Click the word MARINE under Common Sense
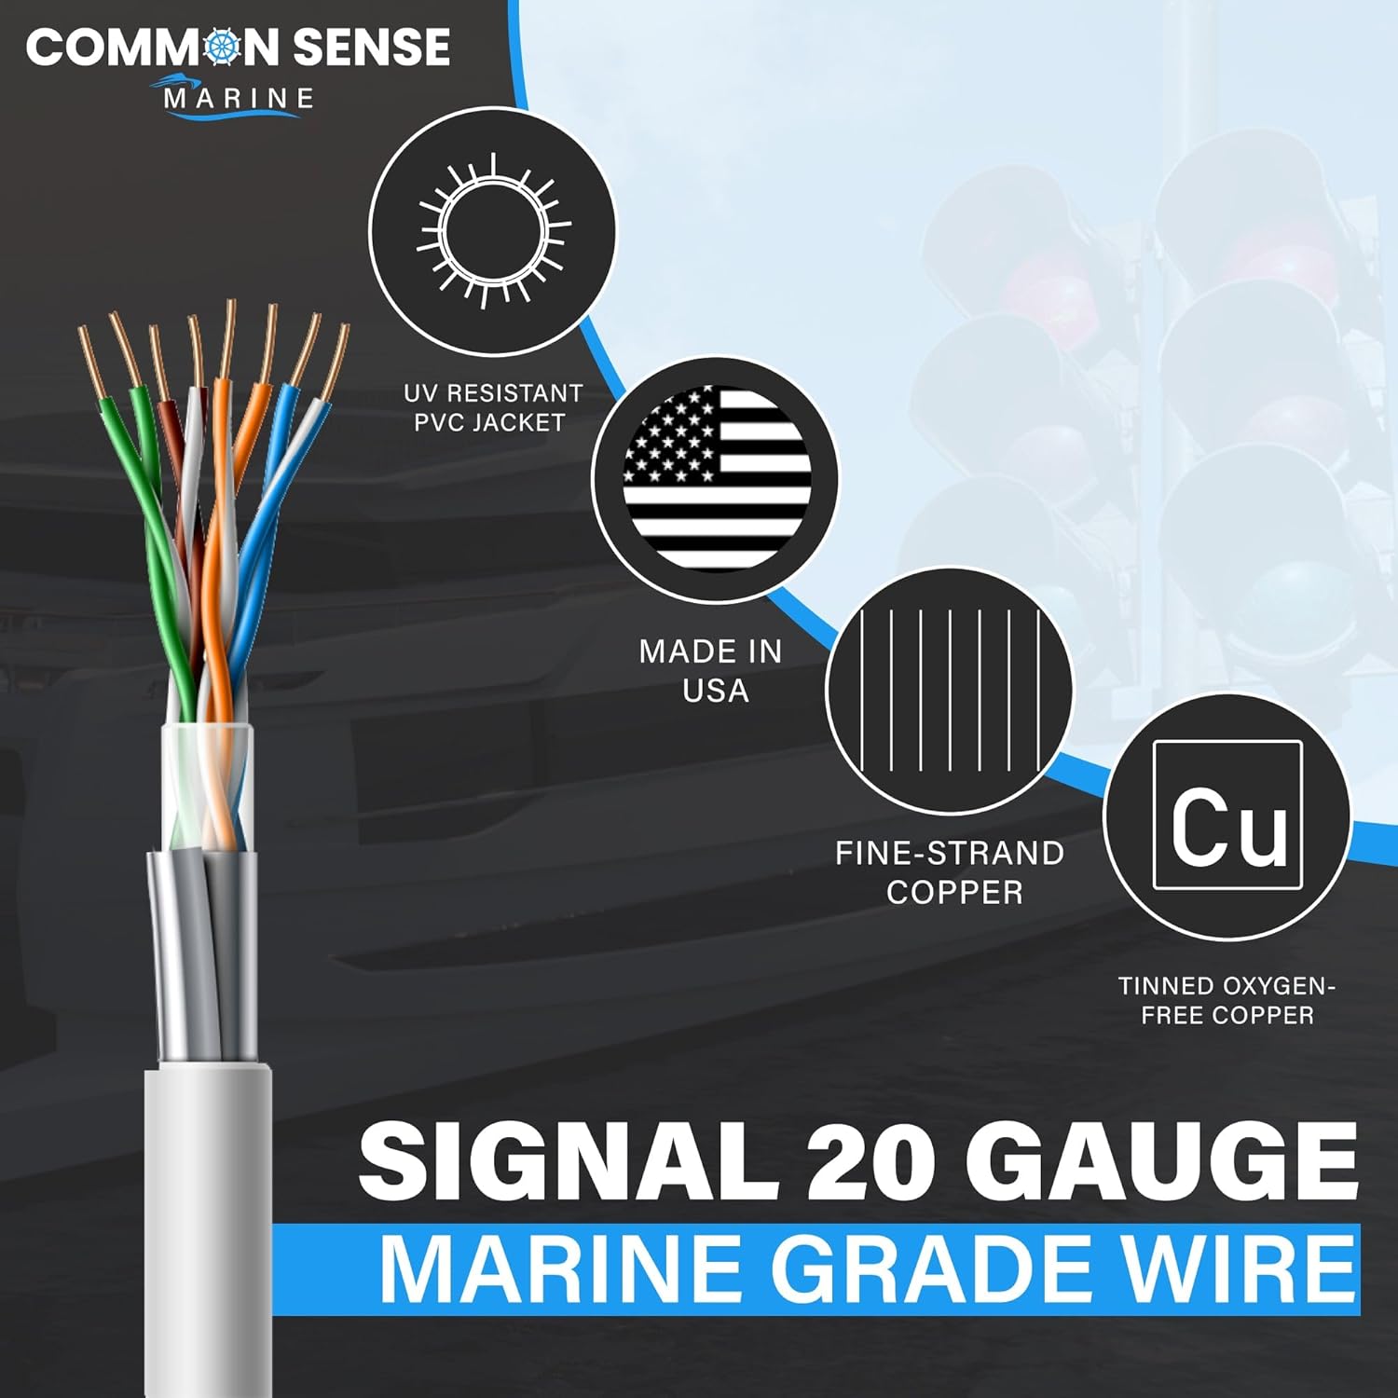point(239,99)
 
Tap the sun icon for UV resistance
point(492,231)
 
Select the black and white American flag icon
point(716,478)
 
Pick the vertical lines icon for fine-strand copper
point(949,690)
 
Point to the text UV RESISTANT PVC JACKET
point(492,408)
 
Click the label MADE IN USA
point(711,670)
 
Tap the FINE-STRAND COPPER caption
point(950,872)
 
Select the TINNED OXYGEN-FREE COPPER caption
point(1227,1000)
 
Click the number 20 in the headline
point(870,1160)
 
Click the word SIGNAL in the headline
point(569,1160)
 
